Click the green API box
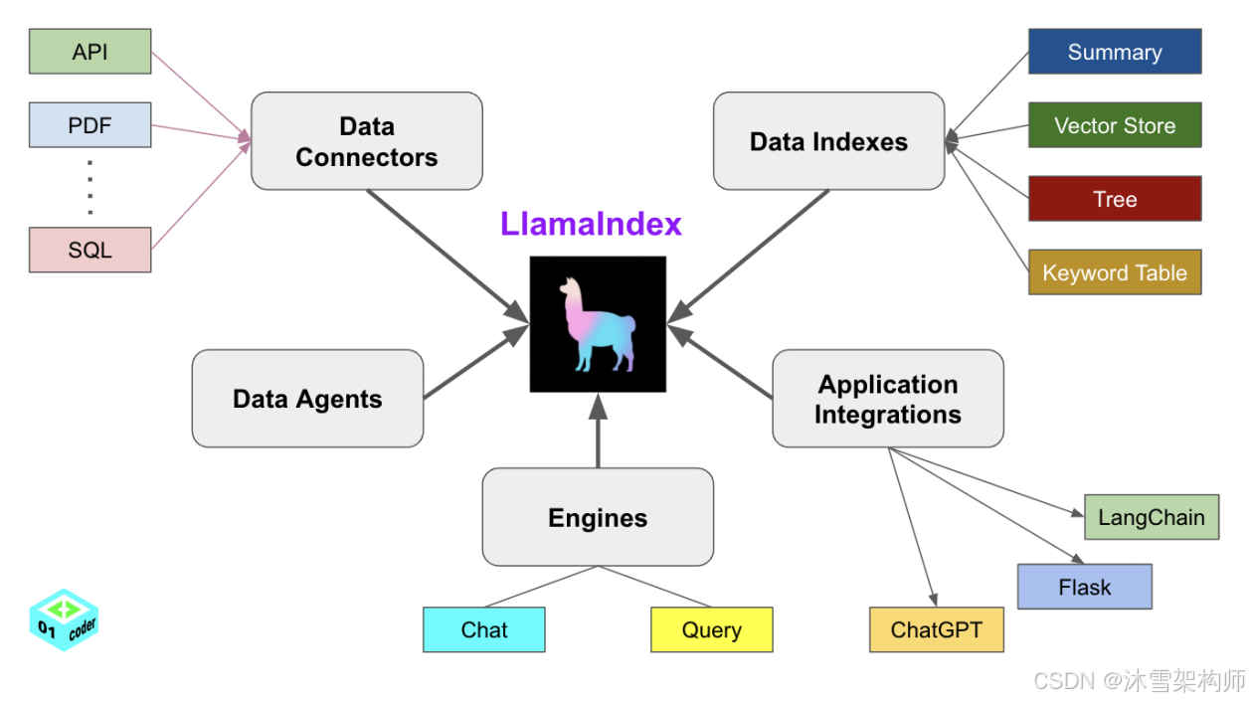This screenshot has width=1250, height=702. [x=89, y=52]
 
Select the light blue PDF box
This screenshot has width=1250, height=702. [x=89, y=125]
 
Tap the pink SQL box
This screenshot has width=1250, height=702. [x=89, y=250]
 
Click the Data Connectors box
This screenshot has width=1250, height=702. [x=366, y=141]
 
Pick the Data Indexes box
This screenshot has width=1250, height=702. [x=828, y=141]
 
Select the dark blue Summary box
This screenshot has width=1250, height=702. [x=1114, y=52]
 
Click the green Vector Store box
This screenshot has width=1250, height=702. [x=1114, y=125]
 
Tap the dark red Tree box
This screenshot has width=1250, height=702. [x=1114, y=199]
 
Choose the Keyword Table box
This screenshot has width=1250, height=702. [x=1114, y=272]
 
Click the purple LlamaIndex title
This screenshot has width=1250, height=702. [x=591, y=224]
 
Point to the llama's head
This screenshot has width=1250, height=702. [x=570, y=288]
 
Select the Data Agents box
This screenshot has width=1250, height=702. [x=307, y=399]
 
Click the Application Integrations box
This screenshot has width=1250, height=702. [x=887, y=399]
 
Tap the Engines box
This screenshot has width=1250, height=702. [x=598, y=517]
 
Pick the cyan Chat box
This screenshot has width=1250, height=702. [x=484, y=629]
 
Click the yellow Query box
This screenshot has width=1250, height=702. [x=711, y=629]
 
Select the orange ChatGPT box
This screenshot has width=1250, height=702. [x=936, y=629]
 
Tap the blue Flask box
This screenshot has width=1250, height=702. [x=1084, y=587]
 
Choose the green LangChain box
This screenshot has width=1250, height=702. [x=1151, y=517]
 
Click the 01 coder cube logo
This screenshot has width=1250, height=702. [x=65, y=619]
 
